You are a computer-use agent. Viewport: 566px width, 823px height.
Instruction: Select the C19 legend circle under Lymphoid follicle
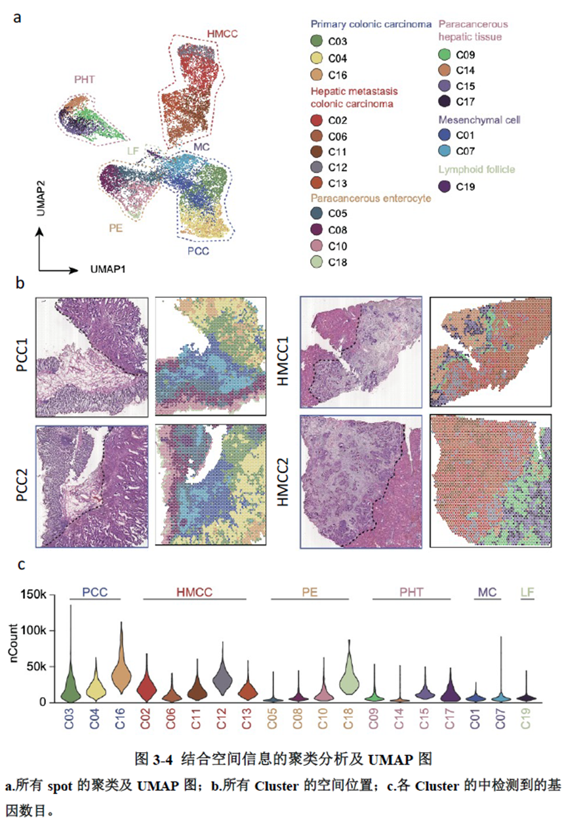click(x=446, y=186)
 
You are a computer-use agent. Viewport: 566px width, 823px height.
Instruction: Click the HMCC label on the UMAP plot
click(x=221, y=33)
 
